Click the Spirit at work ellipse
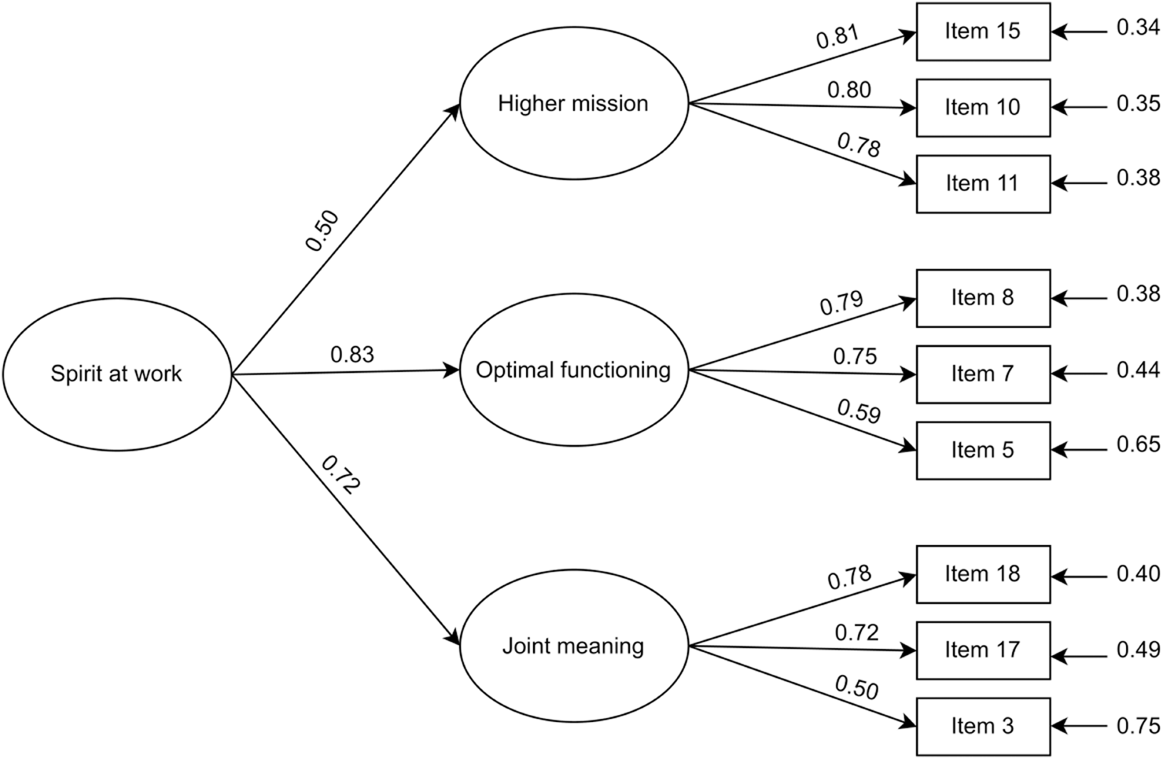point(116,374)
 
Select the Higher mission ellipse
point(573,103)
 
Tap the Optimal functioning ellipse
point(573,370)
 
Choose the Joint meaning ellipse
point(573,646)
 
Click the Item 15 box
point(982,31)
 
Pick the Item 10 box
point(982,108)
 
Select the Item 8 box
point(982,298)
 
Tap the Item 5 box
point(982,451)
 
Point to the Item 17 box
point(982,650)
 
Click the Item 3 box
point(982,726)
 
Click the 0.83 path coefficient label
point(351,355)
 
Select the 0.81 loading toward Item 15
point(837,37)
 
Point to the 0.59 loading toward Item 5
point(858,411)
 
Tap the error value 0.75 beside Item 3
point(1138,726)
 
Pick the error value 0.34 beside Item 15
point(1138,28)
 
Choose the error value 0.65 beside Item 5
point(1138,445)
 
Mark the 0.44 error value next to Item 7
point(1138,370)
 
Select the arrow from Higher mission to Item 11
point(802,144)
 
